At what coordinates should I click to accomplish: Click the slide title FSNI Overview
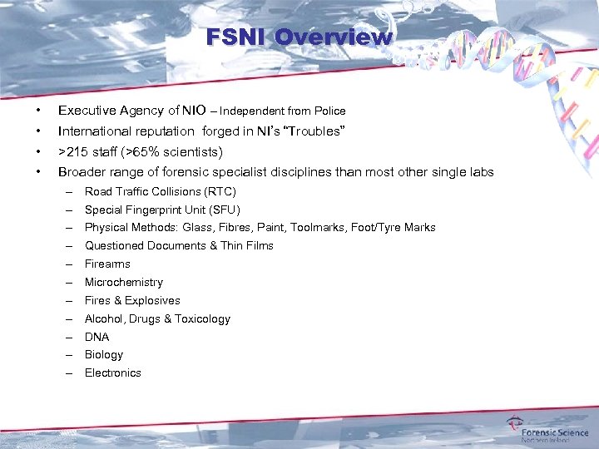(x=299, y=37)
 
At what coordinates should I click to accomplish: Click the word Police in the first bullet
(x=329, y=111)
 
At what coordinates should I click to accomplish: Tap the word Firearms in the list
(x=107, y=264)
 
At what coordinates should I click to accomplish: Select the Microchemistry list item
(x=124, y=282)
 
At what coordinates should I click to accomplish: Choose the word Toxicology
(x=203, y=318)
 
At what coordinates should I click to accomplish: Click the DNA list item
(x=97, y=337)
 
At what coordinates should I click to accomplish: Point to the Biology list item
(x=104, y=354)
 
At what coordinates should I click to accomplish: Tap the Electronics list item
(x=113, y=373)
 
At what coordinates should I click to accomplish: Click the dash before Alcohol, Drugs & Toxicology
(x=71, y=318)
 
